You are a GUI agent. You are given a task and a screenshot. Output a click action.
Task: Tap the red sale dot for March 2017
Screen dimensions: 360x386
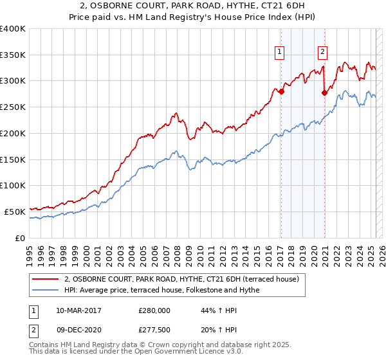point(281,91)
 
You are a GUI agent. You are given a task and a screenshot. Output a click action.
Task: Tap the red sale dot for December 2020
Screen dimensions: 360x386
point(324,93)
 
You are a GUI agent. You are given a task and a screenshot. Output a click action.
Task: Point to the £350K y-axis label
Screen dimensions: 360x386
point(13,55)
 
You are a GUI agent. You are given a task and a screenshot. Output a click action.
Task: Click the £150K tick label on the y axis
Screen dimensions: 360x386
point(13,159)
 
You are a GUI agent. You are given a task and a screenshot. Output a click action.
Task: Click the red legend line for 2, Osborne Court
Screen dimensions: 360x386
point(46,279)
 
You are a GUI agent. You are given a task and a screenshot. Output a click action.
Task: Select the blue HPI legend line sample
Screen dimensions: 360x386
point(46,290)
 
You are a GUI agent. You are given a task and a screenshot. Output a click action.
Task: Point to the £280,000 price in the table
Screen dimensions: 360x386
point(154,310)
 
